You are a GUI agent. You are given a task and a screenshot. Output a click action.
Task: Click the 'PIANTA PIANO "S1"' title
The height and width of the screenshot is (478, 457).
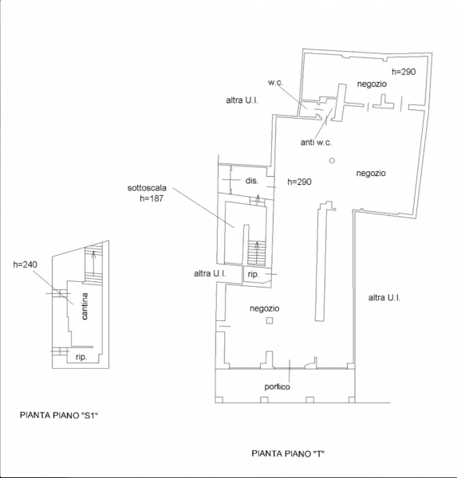pyautogui.click(x=60, y=415)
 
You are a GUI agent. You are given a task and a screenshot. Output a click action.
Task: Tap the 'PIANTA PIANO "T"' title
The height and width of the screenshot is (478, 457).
pyautogui.click(x=288, y=453)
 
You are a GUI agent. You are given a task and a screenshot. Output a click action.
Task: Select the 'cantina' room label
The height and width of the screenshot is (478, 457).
pyautogui.click(x=85, y=306)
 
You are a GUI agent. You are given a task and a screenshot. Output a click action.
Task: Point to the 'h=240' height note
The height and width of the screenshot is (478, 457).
pyautogui.click(x=25, y=264)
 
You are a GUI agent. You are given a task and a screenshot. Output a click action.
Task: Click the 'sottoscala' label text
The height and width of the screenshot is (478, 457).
pyautogui.click(x=147, y=188)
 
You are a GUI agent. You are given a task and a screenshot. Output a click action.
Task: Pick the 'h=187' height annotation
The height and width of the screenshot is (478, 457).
pyautogui.click(x=152, y=198)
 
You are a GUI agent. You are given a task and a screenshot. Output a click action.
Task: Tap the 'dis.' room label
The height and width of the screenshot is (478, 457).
pyautogui.click(x=252, y=181)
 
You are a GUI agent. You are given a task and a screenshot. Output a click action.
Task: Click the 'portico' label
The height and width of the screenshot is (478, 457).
pyautogui.click(x=278, y=387)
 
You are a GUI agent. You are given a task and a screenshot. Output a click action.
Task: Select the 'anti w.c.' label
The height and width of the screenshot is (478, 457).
pyautogui.click(x=316, y=142)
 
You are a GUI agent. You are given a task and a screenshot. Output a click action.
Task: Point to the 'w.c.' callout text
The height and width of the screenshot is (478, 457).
pyautogui.click(x=275, y=82)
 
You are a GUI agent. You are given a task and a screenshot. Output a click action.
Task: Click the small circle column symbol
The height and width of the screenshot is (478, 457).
pyautogui.click(x=332, y=160)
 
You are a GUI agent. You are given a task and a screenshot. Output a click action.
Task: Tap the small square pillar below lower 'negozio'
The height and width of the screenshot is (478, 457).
pyautogui.click(x=270, y=321)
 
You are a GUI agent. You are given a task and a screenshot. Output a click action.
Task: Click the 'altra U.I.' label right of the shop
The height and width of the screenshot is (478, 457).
pyautogui.click(x=384, y=297)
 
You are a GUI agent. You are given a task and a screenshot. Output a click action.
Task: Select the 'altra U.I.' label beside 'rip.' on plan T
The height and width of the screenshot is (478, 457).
pyautogui.click(x=210, y=273)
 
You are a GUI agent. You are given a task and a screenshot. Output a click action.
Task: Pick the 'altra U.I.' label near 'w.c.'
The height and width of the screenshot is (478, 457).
pyautogui.click(x=242, y=100)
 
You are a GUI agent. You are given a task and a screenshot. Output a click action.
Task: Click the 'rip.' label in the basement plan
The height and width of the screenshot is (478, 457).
pyautogui.click(x=81, y=357)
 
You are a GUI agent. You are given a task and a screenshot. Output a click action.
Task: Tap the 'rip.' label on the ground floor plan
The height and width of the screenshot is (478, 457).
pyautogui.click(x=253, y=274)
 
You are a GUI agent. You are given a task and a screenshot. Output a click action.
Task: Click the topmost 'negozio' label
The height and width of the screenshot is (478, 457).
pyautogui.click(x=372, y=84)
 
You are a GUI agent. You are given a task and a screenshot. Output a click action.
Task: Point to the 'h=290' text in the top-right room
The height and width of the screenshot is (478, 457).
pyautogui.click(x=404, y=72)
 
